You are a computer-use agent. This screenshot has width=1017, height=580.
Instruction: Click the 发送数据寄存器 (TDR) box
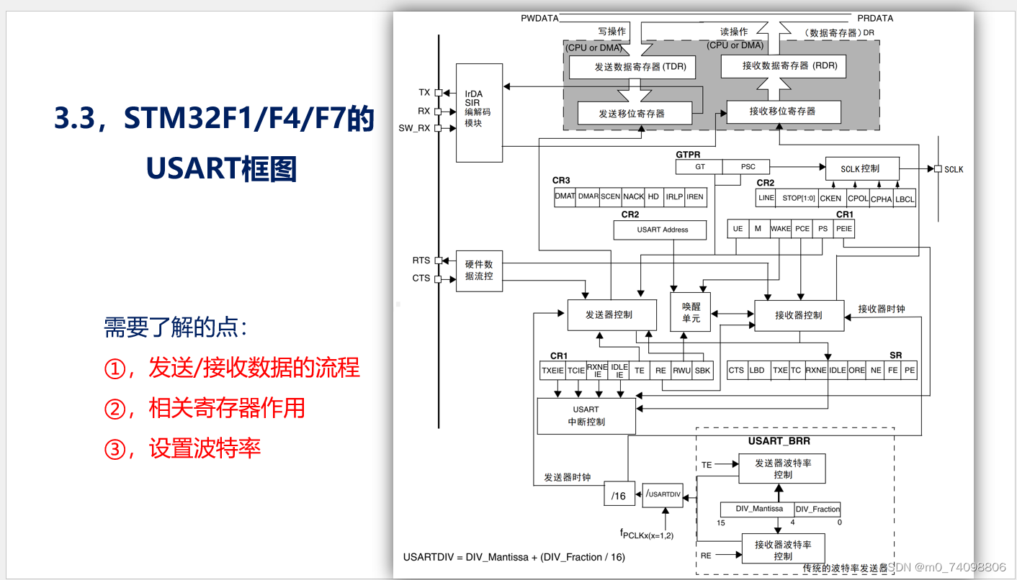click(630, 67)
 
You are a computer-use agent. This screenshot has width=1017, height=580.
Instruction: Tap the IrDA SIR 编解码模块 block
click(479, 113)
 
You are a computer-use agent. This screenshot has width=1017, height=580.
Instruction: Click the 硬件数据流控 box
click(479, 271)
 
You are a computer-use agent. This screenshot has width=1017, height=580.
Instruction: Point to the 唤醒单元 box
click(691, 312)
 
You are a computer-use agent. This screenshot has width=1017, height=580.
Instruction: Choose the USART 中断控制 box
click(586, 416)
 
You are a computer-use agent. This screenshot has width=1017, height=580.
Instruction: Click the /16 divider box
click(619, 496)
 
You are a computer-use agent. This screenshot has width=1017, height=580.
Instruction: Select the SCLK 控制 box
click(860, 168)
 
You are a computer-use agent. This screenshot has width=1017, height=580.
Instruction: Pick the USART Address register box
click(662, 230)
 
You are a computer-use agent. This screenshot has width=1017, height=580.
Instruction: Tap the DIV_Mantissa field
click(758, 509)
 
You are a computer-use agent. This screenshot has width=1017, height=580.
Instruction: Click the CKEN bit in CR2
click(830, 198)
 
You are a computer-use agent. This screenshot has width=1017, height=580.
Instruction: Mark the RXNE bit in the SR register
click(815, 370)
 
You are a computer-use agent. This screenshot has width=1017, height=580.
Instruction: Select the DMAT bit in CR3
click(565, 196)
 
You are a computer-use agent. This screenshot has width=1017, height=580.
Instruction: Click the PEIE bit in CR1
click(844, 229)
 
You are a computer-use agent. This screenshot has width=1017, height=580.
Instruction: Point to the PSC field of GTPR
click(748, 166)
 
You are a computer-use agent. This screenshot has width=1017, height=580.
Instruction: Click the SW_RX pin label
click(414, 128)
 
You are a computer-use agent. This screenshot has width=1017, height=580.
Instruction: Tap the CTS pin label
click(421, 278)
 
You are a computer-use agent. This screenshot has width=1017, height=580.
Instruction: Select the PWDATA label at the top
click(539, 18)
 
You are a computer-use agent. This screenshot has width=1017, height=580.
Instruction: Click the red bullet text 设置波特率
click(205, 449)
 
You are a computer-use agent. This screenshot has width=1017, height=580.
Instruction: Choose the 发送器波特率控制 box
click(782, 468)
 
